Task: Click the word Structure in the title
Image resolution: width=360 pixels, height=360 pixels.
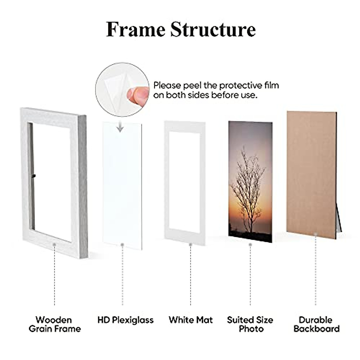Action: point(213,30)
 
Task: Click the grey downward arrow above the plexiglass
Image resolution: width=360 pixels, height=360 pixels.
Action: point(120,127)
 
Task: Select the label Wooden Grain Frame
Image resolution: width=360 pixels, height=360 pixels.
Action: point(55,324)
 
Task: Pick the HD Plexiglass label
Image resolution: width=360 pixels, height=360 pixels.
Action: point(125,320)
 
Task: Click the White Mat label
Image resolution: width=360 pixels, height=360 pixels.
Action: point(190,320)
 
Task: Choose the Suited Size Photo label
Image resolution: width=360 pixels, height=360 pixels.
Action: point(250,324)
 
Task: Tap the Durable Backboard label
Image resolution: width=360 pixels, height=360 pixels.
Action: point(316,324)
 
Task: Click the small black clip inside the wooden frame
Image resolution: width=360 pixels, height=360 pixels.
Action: point(34,175)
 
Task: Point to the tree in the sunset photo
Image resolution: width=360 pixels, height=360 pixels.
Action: point(249,186)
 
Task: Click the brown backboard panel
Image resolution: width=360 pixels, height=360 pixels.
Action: point(310,174)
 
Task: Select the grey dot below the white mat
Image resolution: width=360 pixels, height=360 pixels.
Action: point(190,245)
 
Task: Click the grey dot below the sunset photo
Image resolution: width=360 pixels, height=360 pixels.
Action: point(250,245)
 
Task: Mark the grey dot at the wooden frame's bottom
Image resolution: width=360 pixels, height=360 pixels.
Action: point(54,245)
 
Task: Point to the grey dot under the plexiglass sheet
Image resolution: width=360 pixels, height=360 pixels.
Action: point(122,245)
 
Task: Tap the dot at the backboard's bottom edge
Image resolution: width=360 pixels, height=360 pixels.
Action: point(316,234)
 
